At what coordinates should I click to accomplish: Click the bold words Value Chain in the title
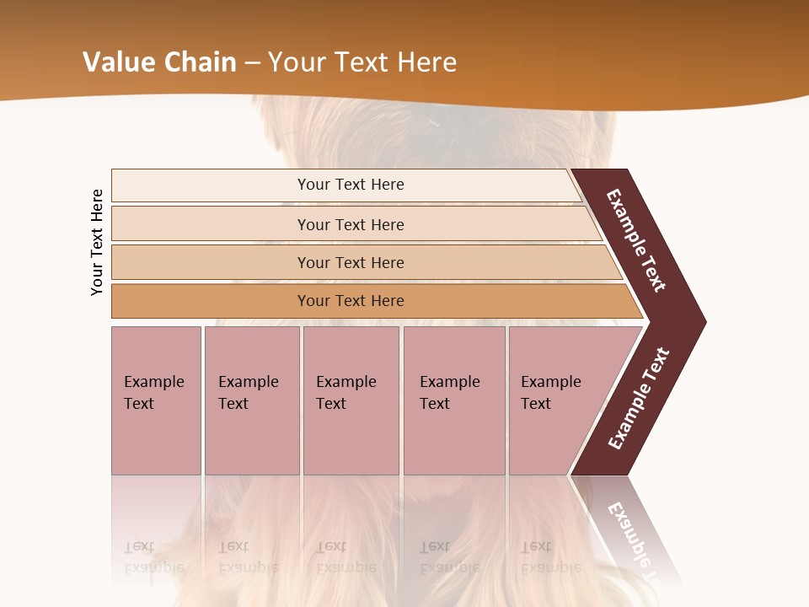pyautogui.click(x=159, y=62)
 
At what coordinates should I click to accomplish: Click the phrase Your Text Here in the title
pyautogui.click(x=362, y=62)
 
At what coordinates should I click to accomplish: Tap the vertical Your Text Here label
pyautogui.click(x=97, y=242)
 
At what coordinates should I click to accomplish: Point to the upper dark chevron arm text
pyautogui.click(x=636, y=240)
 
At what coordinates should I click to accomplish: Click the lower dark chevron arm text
pyautogui.click(x=639, y=398)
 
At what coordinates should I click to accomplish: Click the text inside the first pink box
pyautogui.click(x=153, y=393)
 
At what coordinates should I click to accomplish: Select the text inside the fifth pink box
pyautogui.click(x=550, y=393)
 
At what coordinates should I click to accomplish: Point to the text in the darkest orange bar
pyautogui.click(x=351, y=301)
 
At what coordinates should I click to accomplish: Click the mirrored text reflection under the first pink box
pyautogui.click(x=153, y=557)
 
